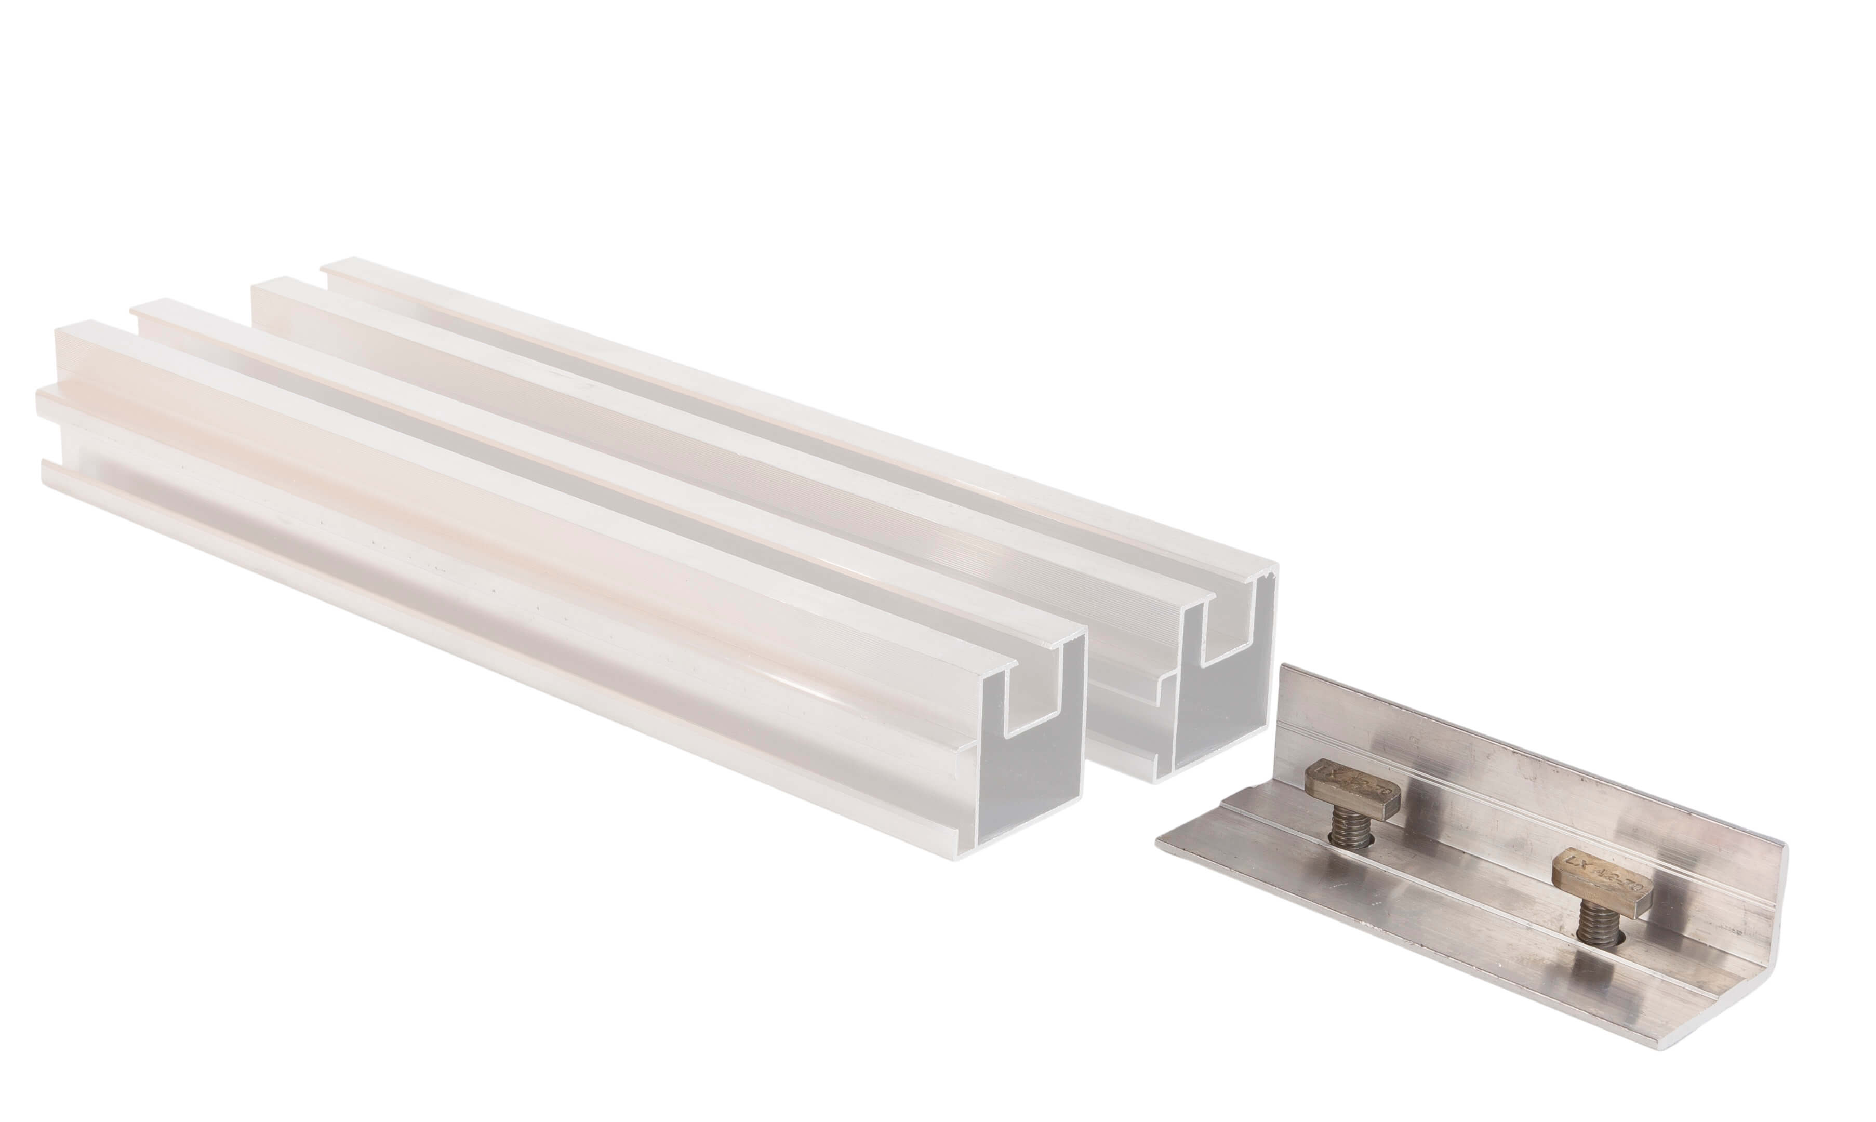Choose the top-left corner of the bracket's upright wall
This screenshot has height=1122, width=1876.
(x=1282, y=667)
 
